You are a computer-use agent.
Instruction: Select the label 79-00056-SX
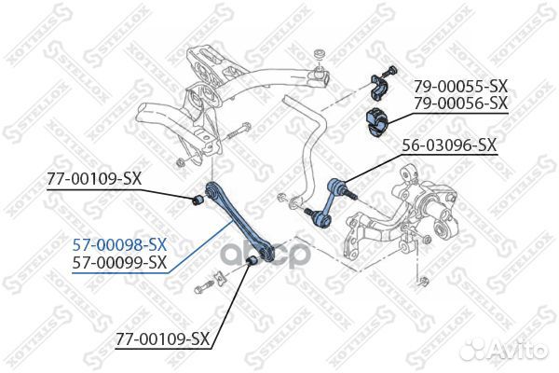click(x=461, y=103)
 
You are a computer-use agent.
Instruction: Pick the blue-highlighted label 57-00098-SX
click(x=120, y=244)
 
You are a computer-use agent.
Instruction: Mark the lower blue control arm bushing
click(x=250, y=270)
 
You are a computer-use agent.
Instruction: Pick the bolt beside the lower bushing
click(x=206, y=287)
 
